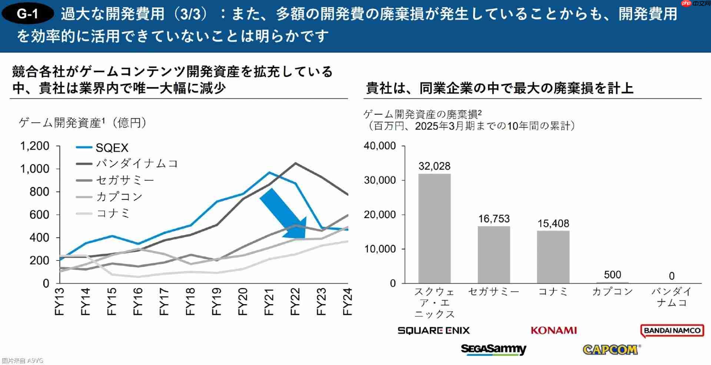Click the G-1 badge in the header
[x=28, y=14]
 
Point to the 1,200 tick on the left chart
[x=34, y=146]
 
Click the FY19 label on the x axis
[x=216, y=301]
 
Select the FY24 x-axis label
[x=347, y=301]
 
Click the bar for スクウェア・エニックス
[x=434, y=228]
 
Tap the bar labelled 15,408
[x=553, y=257]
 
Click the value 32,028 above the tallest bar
[x=434, y=166]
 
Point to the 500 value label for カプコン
[x=612, y=275]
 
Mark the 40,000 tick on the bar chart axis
[x=380, y=146]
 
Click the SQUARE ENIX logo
[x=433, y=331]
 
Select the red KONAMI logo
[x=554, y=331]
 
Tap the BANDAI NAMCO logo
[x=672, y=331]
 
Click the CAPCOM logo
[x=611, y=349]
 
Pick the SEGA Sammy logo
[x=494, y=349]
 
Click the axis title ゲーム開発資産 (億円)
[x=82, y=123]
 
